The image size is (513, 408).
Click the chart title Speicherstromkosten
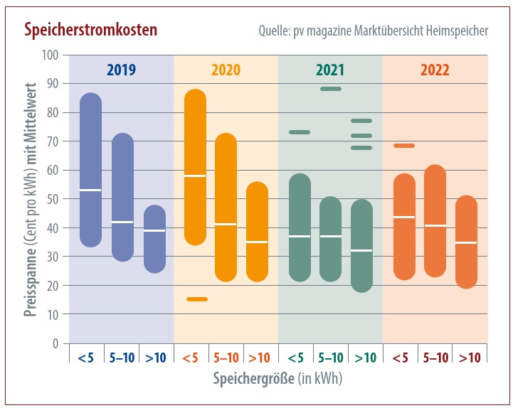(90, 31)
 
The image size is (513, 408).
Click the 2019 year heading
(121, 70)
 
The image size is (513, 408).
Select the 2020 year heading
(226, 70)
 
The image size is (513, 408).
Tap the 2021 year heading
(330, 70)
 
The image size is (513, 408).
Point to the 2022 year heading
(435, 70)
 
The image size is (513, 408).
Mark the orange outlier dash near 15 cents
(196, 299)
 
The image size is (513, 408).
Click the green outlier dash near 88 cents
(330, 89)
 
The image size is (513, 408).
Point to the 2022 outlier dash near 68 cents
(403, 146)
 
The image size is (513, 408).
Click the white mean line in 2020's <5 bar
(195, 176)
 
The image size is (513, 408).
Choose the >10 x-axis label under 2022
(470, 358)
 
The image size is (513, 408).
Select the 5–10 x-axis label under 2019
(121, 358)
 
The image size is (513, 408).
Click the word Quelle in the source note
(276, 32)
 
